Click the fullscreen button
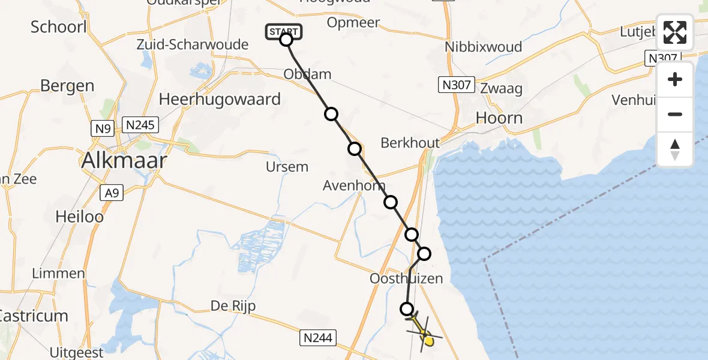point(675,32)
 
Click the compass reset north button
point(675,149)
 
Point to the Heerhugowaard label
point(220,99)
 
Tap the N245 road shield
point(140,125)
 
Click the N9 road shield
point(101,128)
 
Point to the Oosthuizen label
point(406,278)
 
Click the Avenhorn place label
point(354,185)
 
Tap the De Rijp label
point(233,306)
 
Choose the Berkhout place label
point(410,143)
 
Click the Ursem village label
point(287,167)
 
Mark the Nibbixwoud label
point(483,47)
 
